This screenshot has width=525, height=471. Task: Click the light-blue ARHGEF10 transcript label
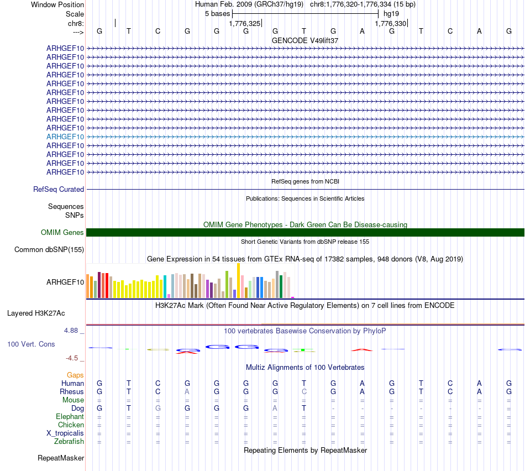pyautogui.click(x=65, y=137)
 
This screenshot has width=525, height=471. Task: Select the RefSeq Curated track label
pyautogui.click(x=59, y=189)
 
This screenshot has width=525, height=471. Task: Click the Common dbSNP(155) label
pyautogui.click(x=49, y=250)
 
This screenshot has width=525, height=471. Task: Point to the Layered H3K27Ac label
pyautogui.click(x=36, y=313)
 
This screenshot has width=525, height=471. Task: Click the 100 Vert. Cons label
pyautogui.click(x=31, y=344)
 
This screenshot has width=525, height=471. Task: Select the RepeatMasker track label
pyautogui.click(x=61, y=458)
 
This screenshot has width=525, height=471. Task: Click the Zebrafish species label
pyautogui.click(x=69, y=442)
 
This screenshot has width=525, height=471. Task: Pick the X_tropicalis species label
pyautogui.click(x=65, y=433)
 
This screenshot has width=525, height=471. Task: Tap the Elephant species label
pyautogui.click(x=70, y=417)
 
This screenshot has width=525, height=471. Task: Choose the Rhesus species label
pyautogui.click(x=72, y=392)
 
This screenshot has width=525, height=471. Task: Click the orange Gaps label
pyautogui.click(x=75, y=375)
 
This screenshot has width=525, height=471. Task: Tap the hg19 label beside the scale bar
pyautogui.click(x=391, y=14)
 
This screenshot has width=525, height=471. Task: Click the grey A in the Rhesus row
pyautogui.click(x=187, y=392)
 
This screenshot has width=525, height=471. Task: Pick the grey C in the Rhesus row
pyautogui.click(x=304, y=392)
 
